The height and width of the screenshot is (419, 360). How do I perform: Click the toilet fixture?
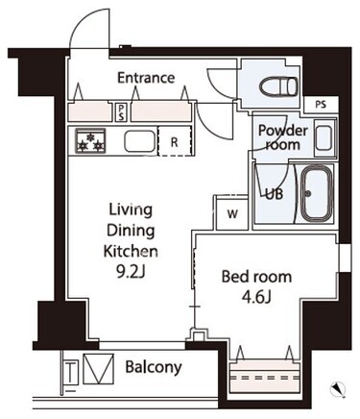coord(277,86)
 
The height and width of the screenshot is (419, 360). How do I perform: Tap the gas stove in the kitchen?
coord(90,140)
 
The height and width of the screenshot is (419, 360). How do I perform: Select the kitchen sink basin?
coord(140,141)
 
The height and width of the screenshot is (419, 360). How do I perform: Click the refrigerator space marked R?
coord(175,141)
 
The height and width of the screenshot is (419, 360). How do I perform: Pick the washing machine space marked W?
coord(232,213)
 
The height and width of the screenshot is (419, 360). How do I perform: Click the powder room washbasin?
coord(324,138)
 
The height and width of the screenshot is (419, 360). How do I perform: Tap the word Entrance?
coord(146,78)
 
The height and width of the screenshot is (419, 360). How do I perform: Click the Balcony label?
coord(154,367)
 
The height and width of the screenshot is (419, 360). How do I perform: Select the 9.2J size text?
coord(131,272)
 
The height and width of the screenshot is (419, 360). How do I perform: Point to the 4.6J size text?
coord(256,298)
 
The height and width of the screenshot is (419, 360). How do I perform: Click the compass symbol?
coord(337,389)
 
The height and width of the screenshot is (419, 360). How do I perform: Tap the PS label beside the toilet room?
coord(321,105)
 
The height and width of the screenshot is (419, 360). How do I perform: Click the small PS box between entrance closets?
coord(121,112)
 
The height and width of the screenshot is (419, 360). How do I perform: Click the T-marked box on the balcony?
coord(70,372)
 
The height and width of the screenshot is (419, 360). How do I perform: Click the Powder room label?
coord(283,137)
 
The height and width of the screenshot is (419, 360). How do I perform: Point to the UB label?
coord(275,194)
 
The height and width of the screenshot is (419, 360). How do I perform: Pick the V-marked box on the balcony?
coord(99,369)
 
